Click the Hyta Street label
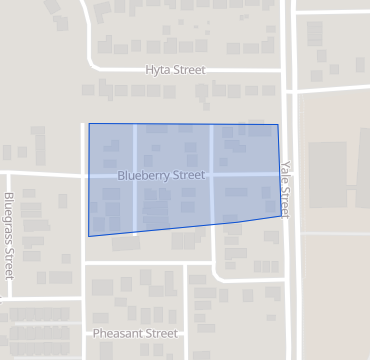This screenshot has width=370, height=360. [175, 71]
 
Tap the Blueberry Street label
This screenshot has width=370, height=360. [161, 175]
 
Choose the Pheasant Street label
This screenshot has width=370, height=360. [134, 333]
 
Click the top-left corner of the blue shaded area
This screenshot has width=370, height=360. [89, 124]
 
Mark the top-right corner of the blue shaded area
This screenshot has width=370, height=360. [278, 125]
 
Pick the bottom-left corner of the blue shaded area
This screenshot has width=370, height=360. [88, 237]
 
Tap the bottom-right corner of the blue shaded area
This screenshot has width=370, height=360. [282, 216]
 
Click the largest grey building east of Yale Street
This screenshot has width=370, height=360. [328, 174]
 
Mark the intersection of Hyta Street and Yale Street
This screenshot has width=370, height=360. [289, 71]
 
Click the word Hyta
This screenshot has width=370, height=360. [157, 71]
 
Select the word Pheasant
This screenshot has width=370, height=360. [119, 333]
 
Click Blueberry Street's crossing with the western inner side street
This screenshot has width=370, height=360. [135, 175]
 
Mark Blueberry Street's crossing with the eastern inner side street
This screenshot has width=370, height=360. [211, 175]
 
